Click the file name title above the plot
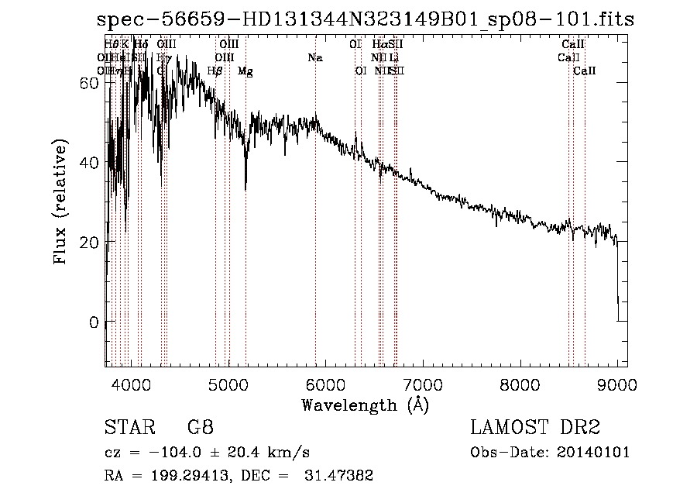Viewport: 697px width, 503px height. [x=365, y=20]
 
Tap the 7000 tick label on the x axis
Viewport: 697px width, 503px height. [x=423, y=383]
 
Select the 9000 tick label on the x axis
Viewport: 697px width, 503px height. [x=617, y=383]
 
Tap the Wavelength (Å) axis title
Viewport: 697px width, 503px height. [x=365, y=405]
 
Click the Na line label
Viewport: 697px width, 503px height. [x=315, y=57]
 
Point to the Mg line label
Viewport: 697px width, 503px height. [x=245, y=71]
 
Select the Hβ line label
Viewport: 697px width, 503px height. [x=215, y=71]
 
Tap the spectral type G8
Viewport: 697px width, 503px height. [x=201, y=429]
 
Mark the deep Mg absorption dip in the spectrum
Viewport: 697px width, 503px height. [x=245, y=184]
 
